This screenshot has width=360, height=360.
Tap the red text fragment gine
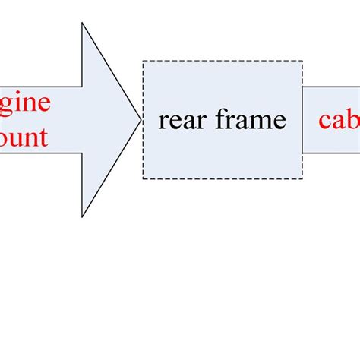25,104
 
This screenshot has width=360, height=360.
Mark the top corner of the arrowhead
82,24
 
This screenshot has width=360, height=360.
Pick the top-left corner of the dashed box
143,62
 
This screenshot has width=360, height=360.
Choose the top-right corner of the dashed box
302,62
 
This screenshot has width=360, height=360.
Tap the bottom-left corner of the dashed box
143,178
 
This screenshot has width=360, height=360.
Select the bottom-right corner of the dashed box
302,178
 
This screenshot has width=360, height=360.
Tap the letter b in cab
353,118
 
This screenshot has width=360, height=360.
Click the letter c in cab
324,122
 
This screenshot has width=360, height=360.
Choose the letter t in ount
43,137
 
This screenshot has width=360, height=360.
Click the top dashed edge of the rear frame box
223,62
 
